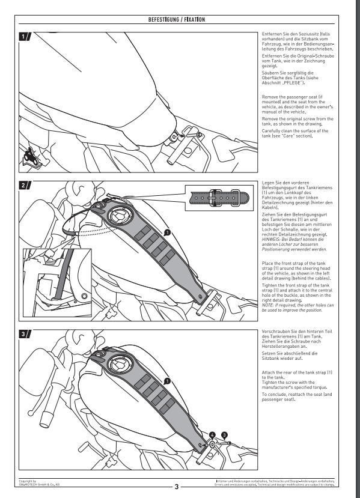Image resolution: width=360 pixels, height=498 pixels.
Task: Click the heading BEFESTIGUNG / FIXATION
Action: [176, 20]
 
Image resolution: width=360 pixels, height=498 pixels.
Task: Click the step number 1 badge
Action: [25, 37]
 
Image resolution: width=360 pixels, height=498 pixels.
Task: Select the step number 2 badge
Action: [25, 185]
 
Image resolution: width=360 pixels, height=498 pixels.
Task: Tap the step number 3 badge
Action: [25, 334]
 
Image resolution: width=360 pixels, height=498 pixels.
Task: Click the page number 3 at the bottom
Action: [177, 487]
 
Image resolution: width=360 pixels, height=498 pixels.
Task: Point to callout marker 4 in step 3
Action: [212, 436]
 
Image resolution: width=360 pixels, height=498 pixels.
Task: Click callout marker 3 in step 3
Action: [224, 436]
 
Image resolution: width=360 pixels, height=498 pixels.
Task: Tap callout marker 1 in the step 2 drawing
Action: [168, 233]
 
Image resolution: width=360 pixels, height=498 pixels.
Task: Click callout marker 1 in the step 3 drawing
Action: [168, 381]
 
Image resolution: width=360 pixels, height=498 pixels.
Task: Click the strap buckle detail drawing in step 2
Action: [219, 198]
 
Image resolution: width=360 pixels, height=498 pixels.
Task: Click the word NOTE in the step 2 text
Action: [267, 305]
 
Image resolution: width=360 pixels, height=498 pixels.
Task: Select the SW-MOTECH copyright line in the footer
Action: [38, 483]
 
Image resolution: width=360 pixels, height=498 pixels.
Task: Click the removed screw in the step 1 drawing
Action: [194, 135]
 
